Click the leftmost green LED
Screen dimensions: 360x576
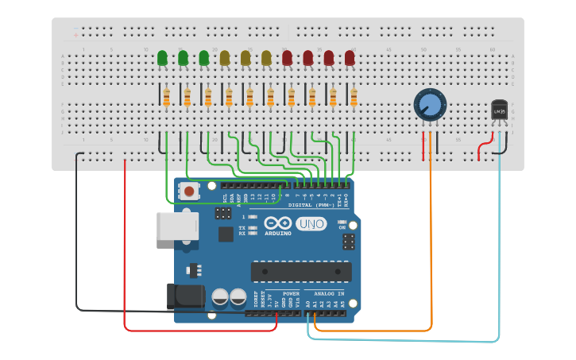[162, 58]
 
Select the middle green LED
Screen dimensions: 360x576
[183, 58]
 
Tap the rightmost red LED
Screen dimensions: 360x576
[350, 58]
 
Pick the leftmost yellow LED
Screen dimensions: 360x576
[225, 58]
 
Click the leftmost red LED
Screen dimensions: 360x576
[287, 58]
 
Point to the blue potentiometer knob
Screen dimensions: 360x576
[430, 104]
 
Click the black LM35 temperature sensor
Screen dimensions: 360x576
[499, 110]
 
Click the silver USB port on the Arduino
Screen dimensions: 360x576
[176, 226]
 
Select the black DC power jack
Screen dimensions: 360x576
[184, 297]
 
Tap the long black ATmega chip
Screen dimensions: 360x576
[301, 271]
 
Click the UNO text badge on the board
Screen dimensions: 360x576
[311, 224]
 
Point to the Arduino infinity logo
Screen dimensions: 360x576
[278, 223]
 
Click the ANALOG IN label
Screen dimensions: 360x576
[329, 293]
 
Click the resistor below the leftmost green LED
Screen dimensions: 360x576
[166, 98]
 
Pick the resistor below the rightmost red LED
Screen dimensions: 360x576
[354, 98]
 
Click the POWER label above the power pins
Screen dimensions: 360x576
[291, 293]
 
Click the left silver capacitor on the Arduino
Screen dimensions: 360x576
[220, 297]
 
